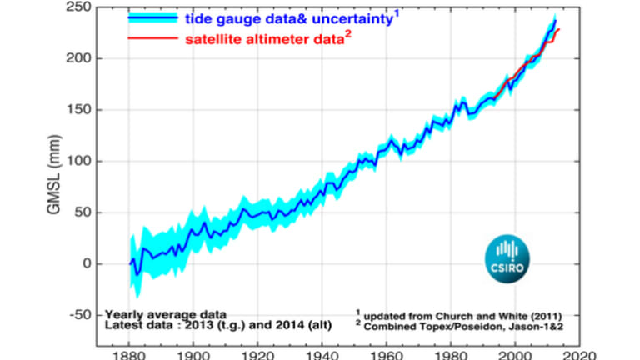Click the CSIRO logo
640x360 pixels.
pyautogui.click(x=507, y=257)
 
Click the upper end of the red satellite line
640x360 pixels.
pyautogui.click(x=558, y=30)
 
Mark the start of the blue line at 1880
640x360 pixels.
pyautogui.click(x=130, y=263)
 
